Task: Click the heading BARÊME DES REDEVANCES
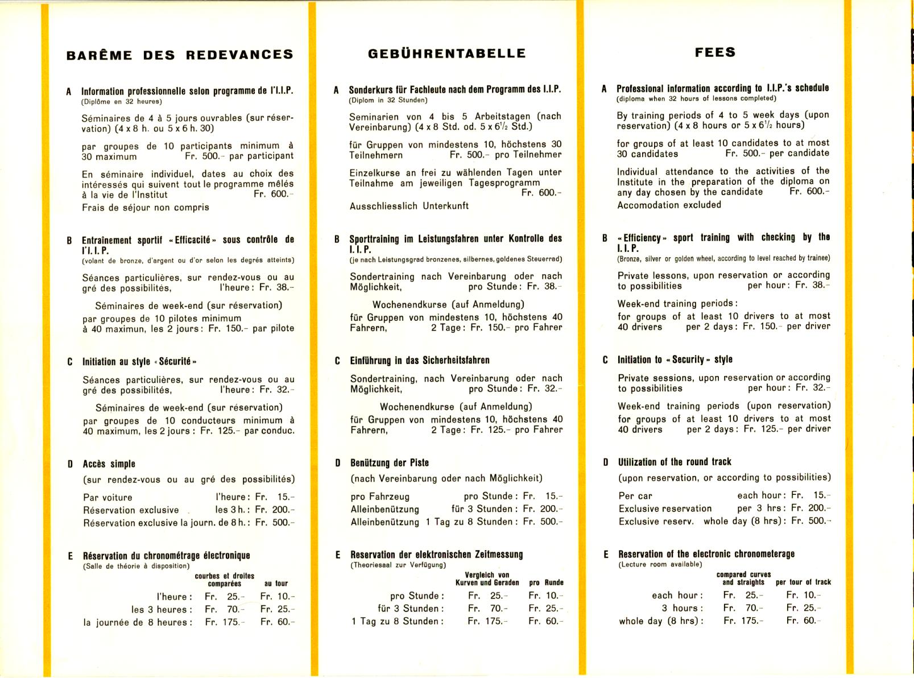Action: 180,55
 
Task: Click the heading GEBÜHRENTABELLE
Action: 446,53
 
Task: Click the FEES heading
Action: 715,52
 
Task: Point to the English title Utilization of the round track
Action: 675,462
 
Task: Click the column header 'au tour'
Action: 276,584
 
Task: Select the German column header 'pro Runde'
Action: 546,582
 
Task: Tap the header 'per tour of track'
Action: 803,582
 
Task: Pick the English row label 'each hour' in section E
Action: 677,596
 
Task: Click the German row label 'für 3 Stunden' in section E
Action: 411,609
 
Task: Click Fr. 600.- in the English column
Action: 809,192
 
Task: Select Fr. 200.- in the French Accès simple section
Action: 275,510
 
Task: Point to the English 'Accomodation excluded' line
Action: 669,205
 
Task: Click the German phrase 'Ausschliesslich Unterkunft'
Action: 409,206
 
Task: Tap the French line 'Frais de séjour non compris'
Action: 145,208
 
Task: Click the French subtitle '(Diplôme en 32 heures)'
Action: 122,102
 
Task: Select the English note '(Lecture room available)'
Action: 660,564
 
